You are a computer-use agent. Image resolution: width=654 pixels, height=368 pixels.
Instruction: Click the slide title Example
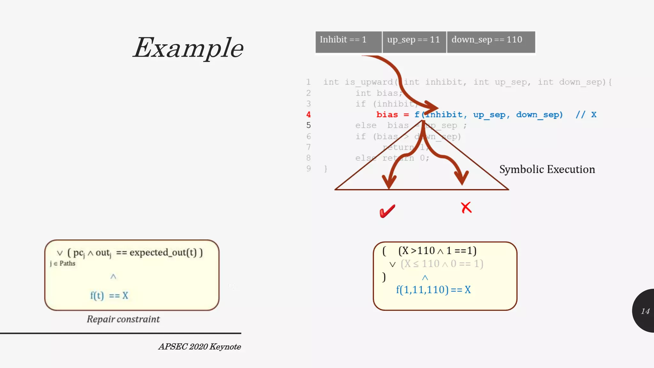[188, 48]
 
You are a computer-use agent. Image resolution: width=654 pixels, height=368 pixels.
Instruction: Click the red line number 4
[308, 115]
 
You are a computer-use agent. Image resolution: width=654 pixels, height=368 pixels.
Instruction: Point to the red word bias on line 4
[387, 115]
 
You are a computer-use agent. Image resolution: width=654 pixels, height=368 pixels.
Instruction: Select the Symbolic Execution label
[547, 169]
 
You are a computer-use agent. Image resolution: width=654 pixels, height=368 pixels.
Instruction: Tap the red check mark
[387, 211]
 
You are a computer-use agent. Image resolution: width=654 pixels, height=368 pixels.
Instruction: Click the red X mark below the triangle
[466, 208]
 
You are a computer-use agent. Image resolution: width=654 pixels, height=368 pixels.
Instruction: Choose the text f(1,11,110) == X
[433, 290]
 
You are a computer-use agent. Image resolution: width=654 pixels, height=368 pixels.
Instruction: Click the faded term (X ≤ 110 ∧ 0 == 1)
[442, 264]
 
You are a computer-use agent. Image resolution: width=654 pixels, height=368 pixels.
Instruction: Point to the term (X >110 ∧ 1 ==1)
[437, 251]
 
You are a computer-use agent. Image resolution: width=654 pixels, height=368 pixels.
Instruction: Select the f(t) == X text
[109, 295]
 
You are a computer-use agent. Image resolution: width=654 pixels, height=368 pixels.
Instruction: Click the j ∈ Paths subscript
[63, 264]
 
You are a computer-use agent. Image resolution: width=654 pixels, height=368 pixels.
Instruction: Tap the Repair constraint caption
[123, 319]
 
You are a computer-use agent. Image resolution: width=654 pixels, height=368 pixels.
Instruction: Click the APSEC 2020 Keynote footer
[200, 347]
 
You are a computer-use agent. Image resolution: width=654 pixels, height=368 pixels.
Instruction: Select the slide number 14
[645, 311]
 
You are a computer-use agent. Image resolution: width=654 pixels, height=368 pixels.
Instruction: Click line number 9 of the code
[308, 169]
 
